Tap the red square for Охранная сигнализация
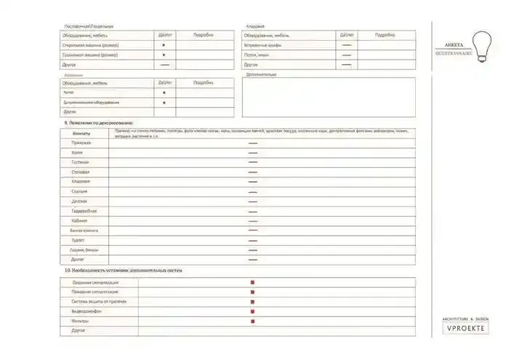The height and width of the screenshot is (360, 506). point(252,282)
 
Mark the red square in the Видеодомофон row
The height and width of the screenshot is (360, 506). point(252,311)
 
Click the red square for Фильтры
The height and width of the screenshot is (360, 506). point(252,320)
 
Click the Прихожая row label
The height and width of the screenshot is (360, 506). point(81,143)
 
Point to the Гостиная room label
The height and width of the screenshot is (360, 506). point(81,162)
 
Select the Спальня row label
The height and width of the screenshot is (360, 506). point(80,191)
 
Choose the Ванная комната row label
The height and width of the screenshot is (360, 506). point(84,230)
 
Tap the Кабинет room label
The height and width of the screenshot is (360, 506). point(80,220)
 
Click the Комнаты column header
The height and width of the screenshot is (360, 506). point(83,133)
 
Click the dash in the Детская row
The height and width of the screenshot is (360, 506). point(253,201)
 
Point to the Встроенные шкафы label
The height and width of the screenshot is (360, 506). point(262,45)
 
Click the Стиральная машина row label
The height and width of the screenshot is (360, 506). point(89,45)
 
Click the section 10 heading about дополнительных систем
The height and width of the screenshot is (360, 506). point(124,271)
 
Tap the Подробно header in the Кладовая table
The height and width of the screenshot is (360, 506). point(385,35)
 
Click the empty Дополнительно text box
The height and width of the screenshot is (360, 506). point(329,97)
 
